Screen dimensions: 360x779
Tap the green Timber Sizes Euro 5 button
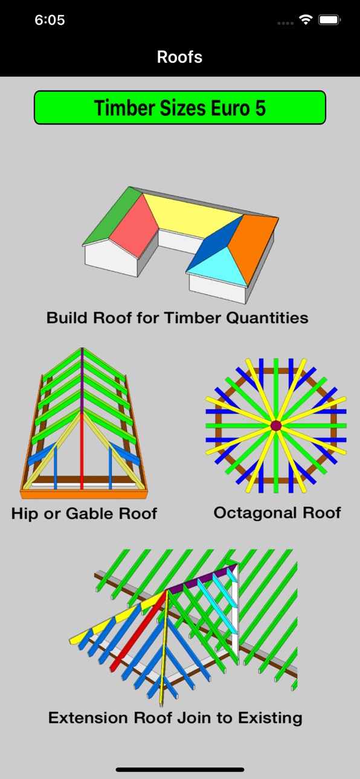[180, 107]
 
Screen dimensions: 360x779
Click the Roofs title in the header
[179, 57]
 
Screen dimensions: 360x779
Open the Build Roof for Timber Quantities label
[178, 318]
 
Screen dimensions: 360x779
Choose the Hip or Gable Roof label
[84, 514]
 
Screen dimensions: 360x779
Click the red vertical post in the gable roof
[82, 451]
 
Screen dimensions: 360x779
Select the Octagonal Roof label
[277, 513]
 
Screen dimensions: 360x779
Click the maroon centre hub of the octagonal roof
[276, 425]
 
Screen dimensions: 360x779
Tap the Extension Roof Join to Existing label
[175, 718]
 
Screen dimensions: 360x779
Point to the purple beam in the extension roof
[202, 579]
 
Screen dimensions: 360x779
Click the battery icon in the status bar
[330, 20]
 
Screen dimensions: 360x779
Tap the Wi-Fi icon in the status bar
[306, 20]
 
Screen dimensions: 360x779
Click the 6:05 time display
[50, 20]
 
